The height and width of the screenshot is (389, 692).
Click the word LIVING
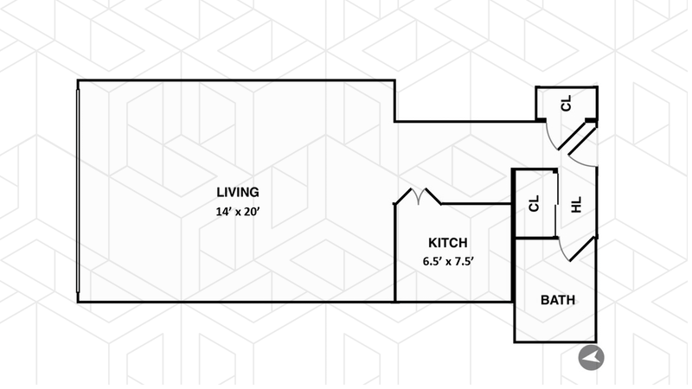237,192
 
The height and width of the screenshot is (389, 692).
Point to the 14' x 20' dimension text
237,212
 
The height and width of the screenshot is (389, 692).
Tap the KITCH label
448,243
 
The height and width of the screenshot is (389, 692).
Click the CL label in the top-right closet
567,104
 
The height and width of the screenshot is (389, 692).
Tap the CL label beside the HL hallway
534,204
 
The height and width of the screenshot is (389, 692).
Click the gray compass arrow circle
593,356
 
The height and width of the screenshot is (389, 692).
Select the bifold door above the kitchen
419,198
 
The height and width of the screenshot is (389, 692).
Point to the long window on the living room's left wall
79,191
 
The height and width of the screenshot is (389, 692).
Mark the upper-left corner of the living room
79,82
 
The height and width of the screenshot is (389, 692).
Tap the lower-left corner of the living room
79,301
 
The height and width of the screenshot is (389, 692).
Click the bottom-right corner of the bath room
596,341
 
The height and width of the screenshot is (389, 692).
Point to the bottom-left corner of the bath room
516,341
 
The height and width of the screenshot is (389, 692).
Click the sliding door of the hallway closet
554,204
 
